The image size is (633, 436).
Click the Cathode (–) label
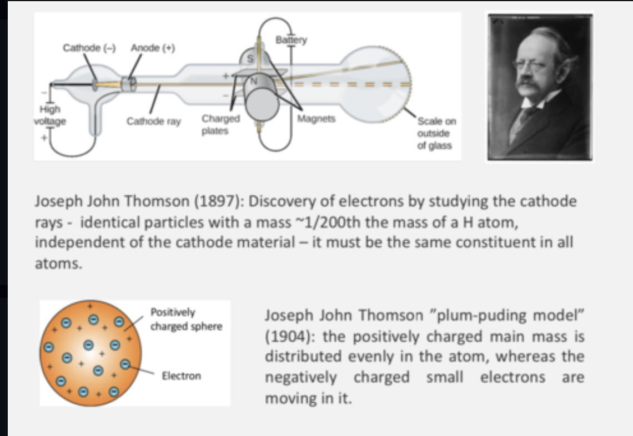(89, 48)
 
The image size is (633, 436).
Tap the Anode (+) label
(153, 48)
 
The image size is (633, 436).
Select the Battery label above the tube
(291, 40)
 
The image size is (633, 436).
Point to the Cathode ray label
(154, 121)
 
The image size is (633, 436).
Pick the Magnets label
(316, 119)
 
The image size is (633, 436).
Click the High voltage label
(49, 115)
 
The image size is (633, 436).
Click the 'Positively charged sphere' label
(185, 320)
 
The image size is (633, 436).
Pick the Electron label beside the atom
(181, 376)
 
